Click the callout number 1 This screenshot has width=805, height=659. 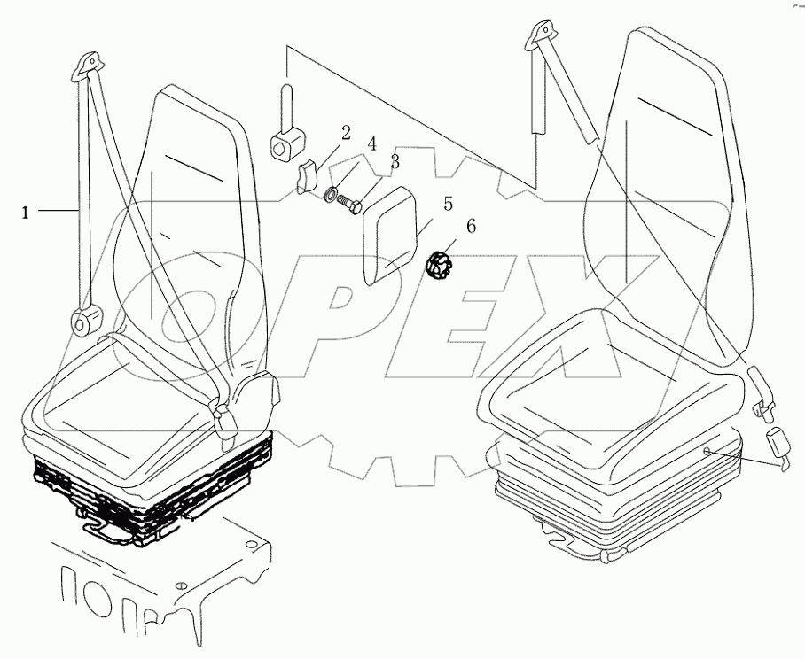pos(26,213)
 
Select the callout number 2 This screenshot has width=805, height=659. pos(346,133)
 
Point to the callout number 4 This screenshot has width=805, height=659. pos(372,143)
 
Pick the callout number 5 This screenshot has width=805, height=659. pos(449,204)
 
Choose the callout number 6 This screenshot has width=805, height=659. pos(471,227)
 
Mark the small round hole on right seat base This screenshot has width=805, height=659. pos(707,452)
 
